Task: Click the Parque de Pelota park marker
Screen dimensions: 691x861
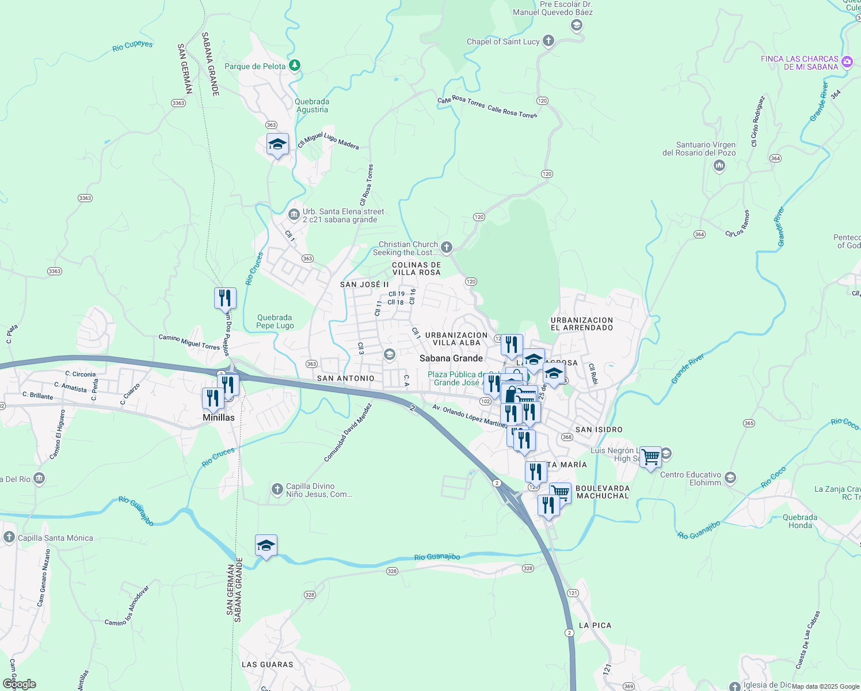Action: [295, 66]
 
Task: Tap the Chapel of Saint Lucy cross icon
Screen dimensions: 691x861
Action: [548, 41]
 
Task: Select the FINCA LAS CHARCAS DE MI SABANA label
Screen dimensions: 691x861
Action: [799, 63]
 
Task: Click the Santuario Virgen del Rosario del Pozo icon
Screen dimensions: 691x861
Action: [719, 166]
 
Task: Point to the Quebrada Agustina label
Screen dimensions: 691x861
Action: [312, 105]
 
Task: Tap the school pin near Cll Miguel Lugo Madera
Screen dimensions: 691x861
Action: [277, 144]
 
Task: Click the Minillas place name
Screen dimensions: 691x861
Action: [219, 417]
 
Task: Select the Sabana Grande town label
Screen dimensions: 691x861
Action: [451, 358]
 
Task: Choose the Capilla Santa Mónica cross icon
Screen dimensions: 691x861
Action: [9, 537]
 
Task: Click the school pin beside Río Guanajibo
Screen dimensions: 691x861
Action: [266, 545]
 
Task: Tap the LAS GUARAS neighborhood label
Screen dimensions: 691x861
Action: [268, 665]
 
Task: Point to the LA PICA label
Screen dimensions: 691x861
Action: [595, 625]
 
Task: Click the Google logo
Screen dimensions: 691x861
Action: [20, 684]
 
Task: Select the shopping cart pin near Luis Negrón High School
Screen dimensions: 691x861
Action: [650, 457]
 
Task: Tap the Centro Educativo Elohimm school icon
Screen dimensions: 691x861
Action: [730, 478]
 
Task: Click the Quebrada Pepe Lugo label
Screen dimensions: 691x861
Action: [275, 321]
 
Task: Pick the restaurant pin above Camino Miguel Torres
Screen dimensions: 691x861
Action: [225, 298]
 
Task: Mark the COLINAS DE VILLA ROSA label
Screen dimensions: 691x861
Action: [417, 268]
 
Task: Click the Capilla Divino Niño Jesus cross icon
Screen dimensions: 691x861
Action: [277, 489]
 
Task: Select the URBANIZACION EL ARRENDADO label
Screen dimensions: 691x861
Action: [582, 324]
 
